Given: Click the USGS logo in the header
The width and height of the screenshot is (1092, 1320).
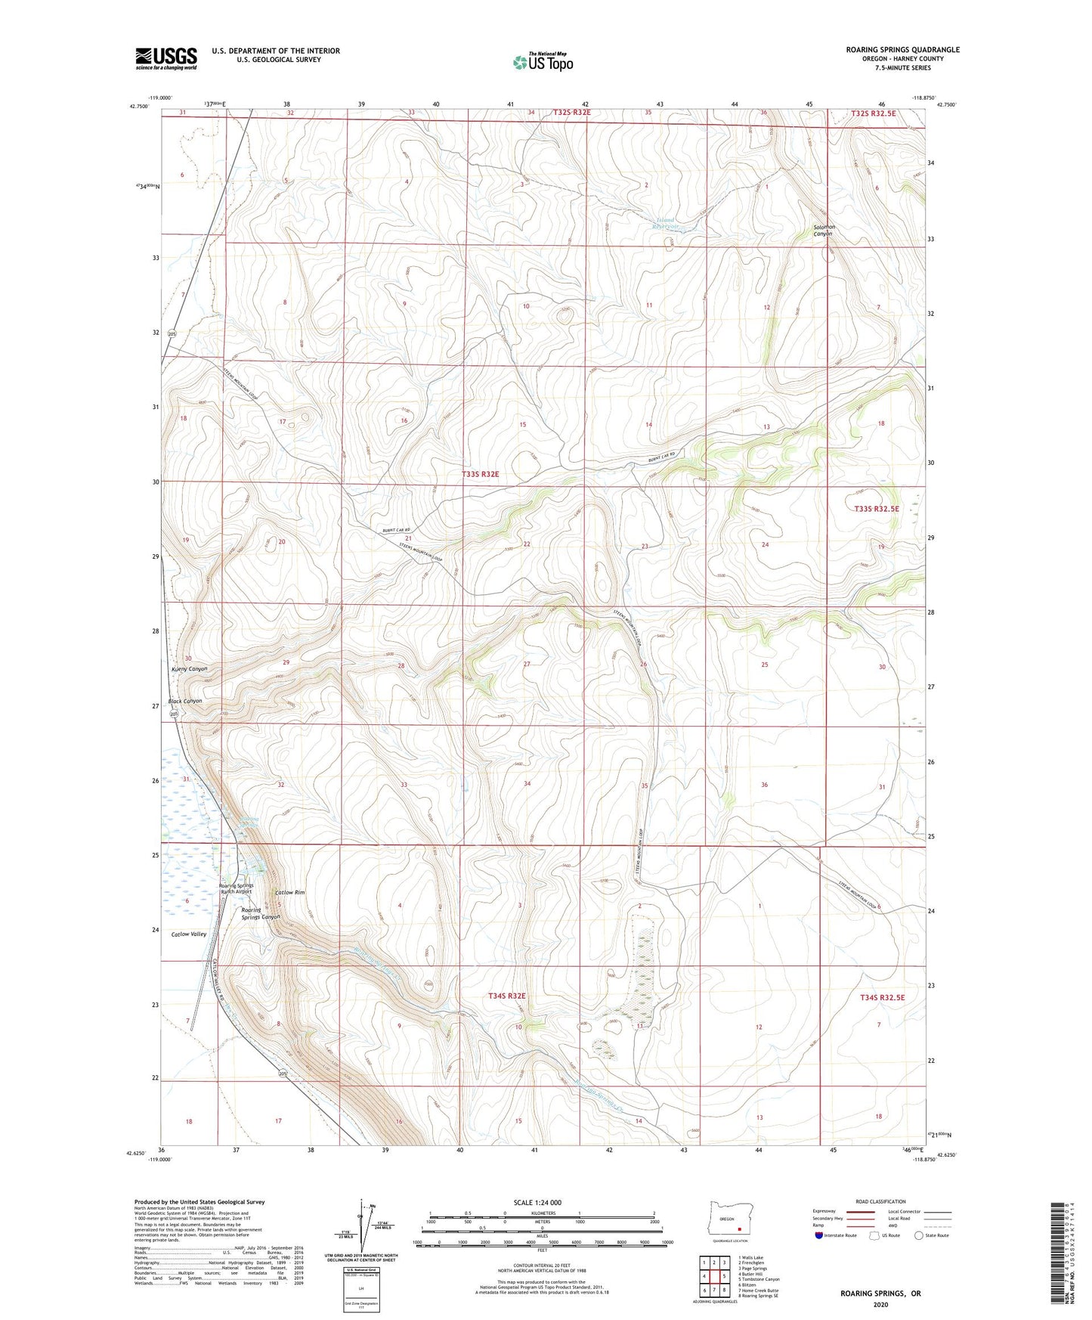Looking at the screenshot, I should point(166,58).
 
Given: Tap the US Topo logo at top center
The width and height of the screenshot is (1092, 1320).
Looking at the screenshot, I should point(543,62).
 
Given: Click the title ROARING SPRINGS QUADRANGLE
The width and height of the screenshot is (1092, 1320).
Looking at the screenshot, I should point(902,50).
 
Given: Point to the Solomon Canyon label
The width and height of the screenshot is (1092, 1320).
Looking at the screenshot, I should point(822,231).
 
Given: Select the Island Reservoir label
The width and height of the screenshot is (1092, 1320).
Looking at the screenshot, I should point(666,223).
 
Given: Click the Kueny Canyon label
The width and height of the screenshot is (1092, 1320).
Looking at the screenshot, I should point(188,669).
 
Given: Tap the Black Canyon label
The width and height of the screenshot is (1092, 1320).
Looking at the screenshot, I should point(185,701).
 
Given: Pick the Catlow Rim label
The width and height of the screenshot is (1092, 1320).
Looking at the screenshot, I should point(290,892).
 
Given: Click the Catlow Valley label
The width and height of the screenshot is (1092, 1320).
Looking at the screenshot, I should point(189,934).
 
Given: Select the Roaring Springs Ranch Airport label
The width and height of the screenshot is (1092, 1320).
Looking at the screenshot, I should point(236,888).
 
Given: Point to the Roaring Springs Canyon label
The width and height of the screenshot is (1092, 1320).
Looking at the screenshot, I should point(260,913).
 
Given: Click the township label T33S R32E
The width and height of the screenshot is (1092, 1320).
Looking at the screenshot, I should point(481,474).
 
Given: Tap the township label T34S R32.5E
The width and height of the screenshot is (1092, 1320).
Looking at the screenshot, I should point(882,997).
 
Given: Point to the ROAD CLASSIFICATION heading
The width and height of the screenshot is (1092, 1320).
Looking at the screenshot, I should point(880,1201).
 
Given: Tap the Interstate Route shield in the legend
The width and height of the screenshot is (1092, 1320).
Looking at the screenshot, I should point(819,1236).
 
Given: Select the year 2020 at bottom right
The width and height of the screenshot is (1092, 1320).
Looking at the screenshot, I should point(880,1303).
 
